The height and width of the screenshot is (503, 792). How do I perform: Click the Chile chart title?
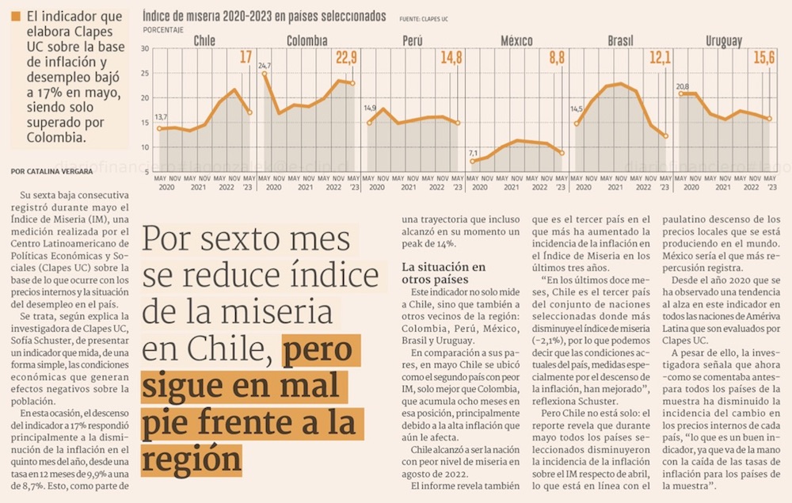point(204,40)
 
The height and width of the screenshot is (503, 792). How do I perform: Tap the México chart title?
point(516,40)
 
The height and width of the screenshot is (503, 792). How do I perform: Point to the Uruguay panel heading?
point(723,40)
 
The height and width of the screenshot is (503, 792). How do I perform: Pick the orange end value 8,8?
point(556,57)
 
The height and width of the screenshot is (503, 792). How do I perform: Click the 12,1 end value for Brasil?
point(661,57)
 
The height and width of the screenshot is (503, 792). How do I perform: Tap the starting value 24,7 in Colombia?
point(264,65)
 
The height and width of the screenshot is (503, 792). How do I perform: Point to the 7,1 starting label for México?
point(473,152)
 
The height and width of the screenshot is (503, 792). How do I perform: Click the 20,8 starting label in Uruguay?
point(682,86)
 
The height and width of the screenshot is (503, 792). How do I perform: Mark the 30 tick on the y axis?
point(145,49)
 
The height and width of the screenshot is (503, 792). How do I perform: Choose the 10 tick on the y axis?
point(145,147)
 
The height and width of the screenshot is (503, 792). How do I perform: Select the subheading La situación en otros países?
point(444,273)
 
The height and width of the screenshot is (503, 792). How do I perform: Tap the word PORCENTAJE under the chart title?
point(163,29)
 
